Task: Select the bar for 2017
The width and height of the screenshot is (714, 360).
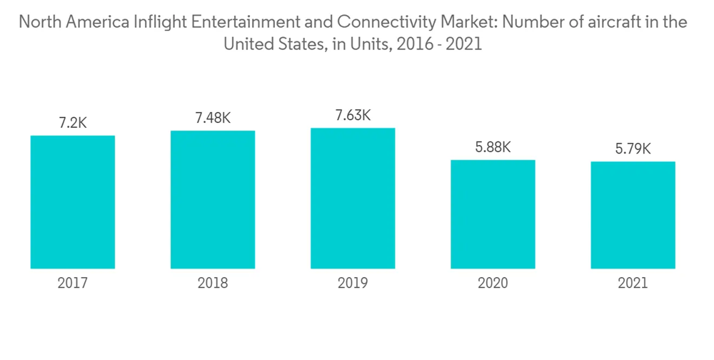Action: [x=73, y=201]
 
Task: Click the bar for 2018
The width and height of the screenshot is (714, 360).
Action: [x=213, y=199]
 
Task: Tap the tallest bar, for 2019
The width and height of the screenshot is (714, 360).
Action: [x=353, y=198]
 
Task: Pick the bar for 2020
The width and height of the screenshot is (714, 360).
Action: [x=493, y=214]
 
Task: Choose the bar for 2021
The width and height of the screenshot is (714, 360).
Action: [x=633, y=214]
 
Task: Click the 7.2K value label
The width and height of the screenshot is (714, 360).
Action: [x=73, y=122]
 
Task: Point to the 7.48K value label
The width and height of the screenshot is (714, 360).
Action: [x=213, y=118]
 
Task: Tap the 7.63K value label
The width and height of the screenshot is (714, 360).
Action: [x=353, y=115]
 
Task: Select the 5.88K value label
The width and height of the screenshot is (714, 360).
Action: [x=493, y=147]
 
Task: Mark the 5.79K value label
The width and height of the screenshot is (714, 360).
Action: [x=633, y=149]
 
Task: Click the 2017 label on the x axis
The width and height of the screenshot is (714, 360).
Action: [x=73, y=284]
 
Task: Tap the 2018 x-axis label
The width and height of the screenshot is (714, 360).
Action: [x=213, y=284]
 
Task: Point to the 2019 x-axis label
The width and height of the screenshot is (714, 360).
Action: [x=353, y=284]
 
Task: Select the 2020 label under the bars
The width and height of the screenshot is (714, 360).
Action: [x=493, y=284]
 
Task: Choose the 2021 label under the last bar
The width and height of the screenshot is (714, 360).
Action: [x=633, y=284]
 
